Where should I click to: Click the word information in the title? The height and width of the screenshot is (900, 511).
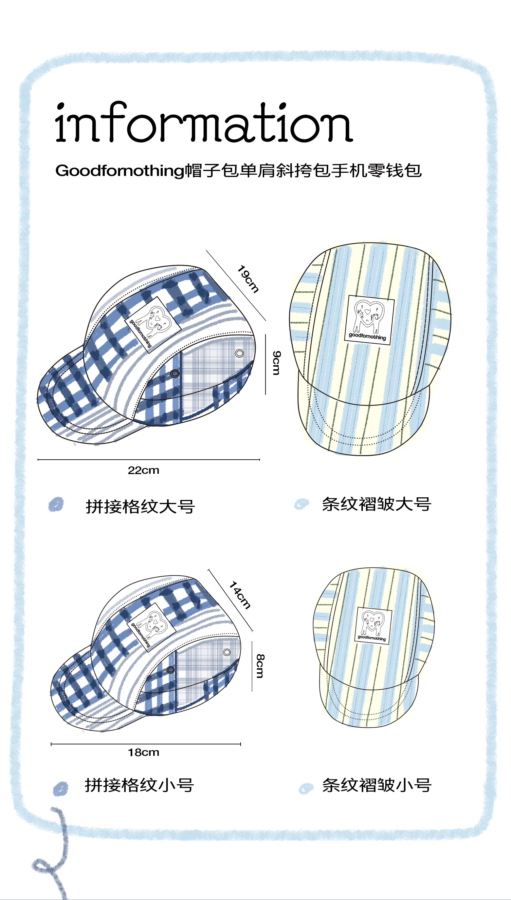pyautogui.click(x=204, y=123)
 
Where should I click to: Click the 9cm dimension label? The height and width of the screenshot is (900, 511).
pyautogui.click(x=277, y=362)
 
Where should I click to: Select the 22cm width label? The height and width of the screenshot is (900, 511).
pyautogui.click(x=143, y=470)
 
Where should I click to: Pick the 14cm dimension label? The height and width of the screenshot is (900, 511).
pyautogui.click(x=240, y=595)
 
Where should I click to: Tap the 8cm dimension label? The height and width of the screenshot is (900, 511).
pyautogui.click(x=260, y=666)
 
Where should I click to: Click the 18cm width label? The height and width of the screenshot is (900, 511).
pyautogui.click(x=143, y=753)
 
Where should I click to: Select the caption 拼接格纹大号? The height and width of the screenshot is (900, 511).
pyautogui.click(x=140, y=507)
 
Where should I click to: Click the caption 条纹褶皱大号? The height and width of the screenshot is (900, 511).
pyautogui.click(x=376, y=504)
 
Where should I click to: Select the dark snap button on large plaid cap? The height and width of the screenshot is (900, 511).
pyautogui.click(x=175, y=373)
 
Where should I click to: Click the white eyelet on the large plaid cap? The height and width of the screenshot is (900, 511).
pyautogui.click(x=239, y=353)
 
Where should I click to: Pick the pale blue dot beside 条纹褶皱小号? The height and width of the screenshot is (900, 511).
pyautogui.click(x=306, y=788)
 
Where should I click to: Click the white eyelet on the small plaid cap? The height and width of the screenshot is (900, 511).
pyautogui.click(x=227, y=652)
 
